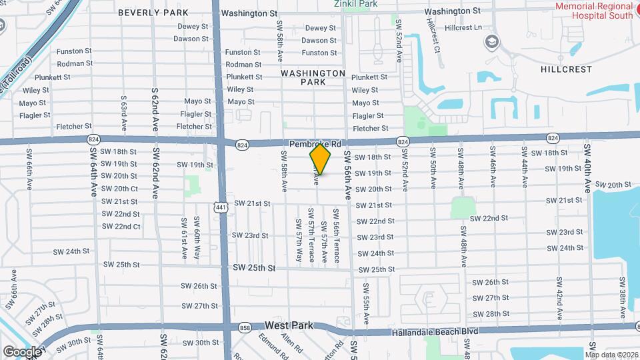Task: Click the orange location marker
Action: pyautogui.click(x=320, y=159)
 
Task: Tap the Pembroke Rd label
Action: pyautogui.click(x=315, y=143)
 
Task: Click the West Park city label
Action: pyautogui.click(x=289, y=325)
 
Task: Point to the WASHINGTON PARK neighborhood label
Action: pyautogui.click(x=313, y=77)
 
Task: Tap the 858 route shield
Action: pyautogui.click(x=245, y=327)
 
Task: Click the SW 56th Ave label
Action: pyautogui.click(x=347, y=175)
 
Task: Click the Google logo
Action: pyautogui.click(x=21, y=351)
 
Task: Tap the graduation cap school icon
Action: pyautogui.click(x=492, y=41)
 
